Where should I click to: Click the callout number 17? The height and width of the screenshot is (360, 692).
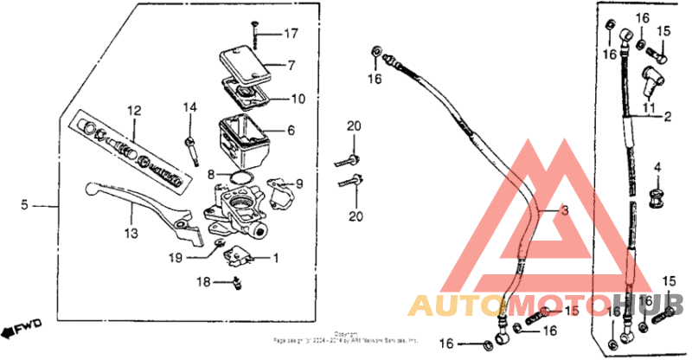291,35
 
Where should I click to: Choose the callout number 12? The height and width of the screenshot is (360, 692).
134,111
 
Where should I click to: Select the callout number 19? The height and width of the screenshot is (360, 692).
175,257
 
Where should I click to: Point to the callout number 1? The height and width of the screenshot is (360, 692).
276,258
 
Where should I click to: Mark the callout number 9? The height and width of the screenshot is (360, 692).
299,183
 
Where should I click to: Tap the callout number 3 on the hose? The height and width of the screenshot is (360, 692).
564,211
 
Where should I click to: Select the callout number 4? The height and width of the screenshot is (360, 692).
657,167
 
